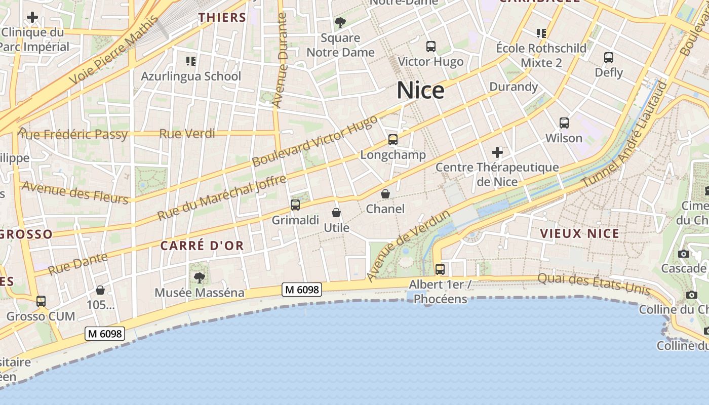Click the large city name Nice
(420, 91)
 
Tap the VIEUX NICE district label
(579, 233)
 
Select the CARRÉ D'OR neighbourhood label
(202, 246)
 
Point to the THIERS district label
(222, 18)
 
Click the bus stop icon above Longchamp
(393, 140)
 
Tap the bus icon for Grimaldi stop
(295, 205)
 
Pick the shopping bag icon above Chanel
(385, 194)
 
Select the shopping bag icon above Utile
(336, 213)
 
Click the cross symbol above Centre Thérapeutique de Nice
(497, 152)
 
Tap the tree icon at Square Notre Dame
(340, 23)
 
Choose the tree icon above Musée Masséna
(200, 277)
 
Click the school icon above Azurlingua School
(191, 61)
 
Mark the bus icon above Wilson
(564, 123)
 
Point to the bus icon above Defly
(609, 58)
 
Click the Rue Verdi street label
(187, 134)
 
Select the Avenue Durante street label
(280, 61)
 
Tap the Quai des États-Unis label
(594, 283)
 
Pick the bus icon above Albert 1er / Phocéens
(440, 269)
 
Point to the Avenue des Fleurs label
(75, 193)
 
